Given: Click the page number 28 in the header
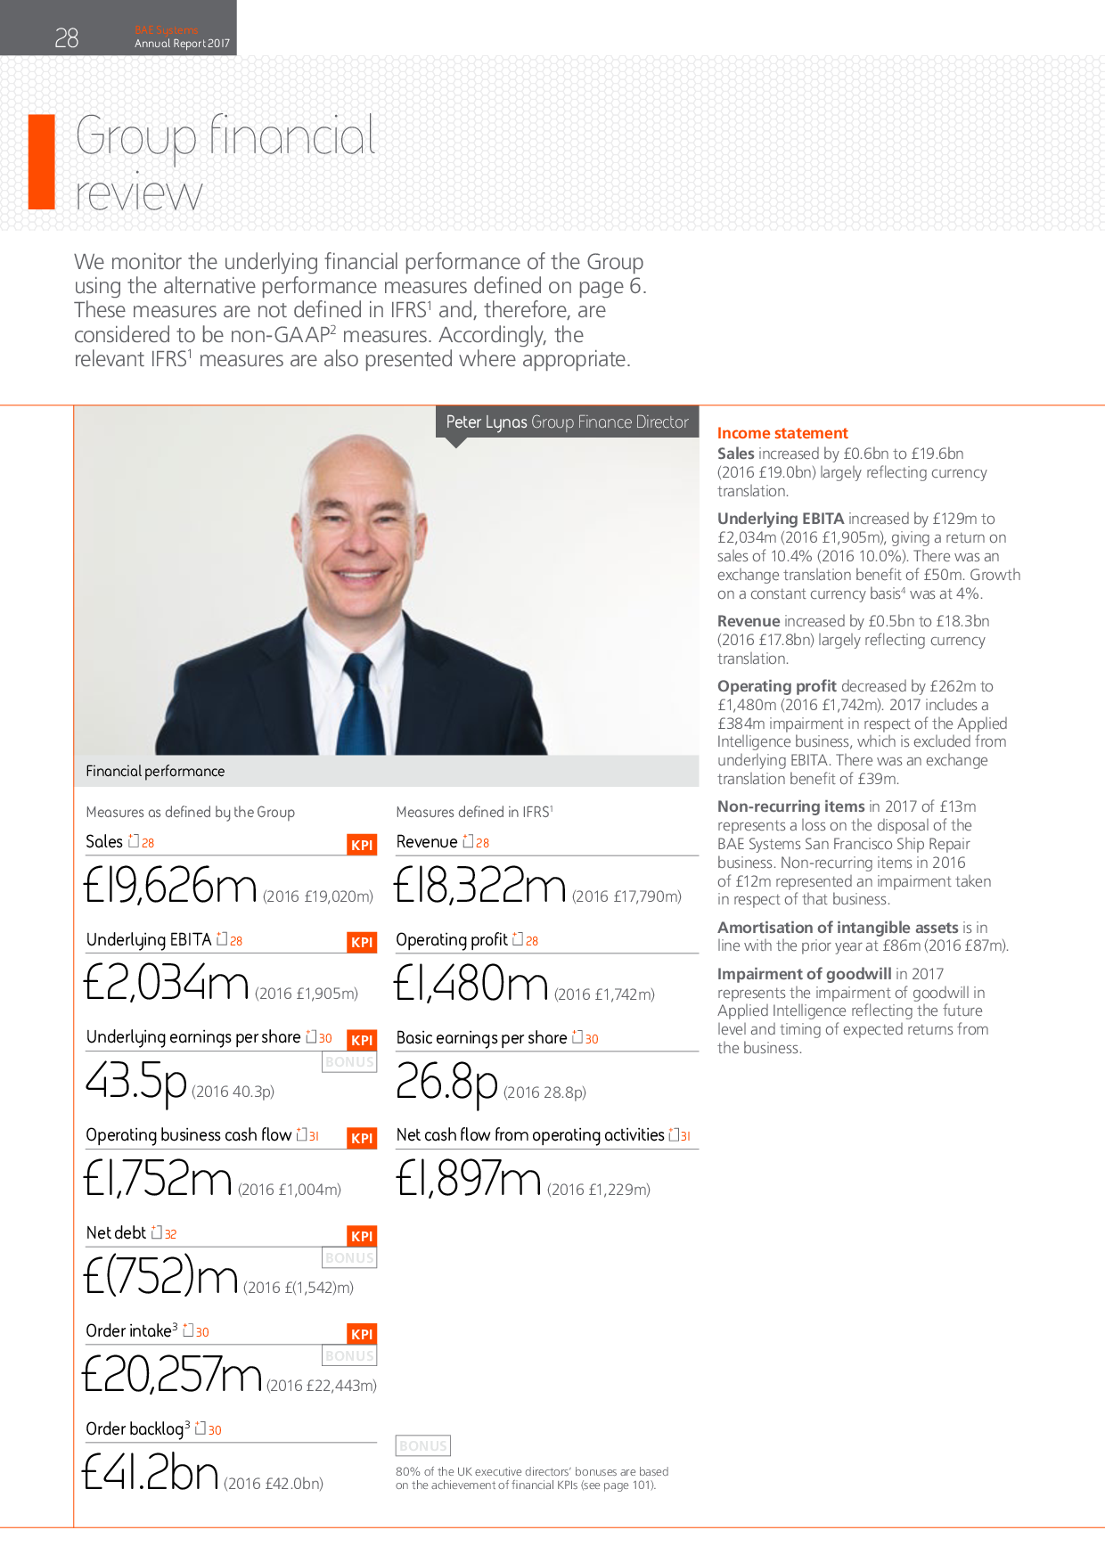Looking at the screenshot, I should (67, 37).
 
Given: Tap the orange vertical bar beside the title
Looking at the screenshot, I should (42, 162).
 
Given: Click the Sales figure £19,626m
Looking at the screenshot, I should (170, 885).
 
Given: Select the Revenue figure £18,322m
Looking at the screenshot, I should (479, 885).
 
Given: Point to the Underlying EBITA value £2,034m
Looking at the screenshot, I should (166, 983).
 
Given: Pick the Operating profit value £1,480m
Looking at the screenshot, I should (471, 983).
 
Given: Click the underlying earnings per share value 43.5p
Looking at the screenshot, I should (135, 1082).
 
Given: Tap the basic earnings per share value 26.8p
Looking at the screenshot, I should (446, 1082).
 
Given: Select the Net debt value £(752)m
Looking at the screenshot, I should (160, 1276).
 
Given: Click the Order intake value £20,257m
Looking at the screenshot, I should (172, 1374).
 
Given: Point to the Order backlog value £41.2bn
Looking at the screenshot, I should (150, 1472).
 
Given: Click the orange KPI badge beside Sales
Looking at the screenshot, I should (362, 845).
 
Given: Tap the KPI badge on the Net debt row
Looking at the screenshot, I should (362, 1236).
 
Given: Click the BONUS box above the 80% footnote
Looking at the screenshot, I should (423, 1445).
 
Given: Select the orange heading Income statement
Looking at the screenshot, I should (782, 433).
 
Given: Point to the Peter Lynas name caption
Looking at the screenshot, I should (567, 422).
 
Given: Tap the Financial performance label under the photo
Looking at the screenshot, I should (155, 771).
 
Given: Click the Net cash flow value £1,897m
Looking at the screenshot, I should (469, 1178).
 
